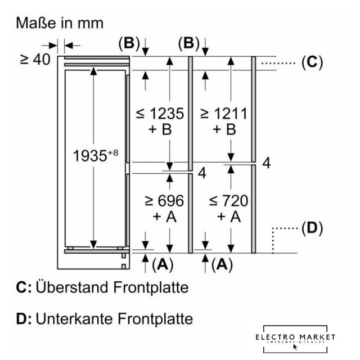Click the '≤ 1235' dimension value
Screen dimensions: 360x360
click(160, 114)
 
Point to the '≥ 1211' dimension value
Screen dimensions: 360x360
click(223, 114)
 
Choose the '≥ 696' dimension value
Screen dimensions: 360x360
click(160, 201)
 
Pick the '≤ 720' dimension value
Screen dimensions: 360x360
click(223, 201)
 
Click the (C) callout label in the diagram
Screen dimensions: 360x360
click(313, 62)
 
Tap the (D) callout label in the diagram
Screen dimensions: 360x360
click(313, 228)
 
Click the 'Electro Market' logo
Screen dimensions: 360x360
click(295, 337)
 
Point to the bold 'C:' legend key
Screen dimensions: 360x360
click(24, 288)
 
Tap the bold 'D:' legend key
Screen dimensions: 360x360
click(24, 319)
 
